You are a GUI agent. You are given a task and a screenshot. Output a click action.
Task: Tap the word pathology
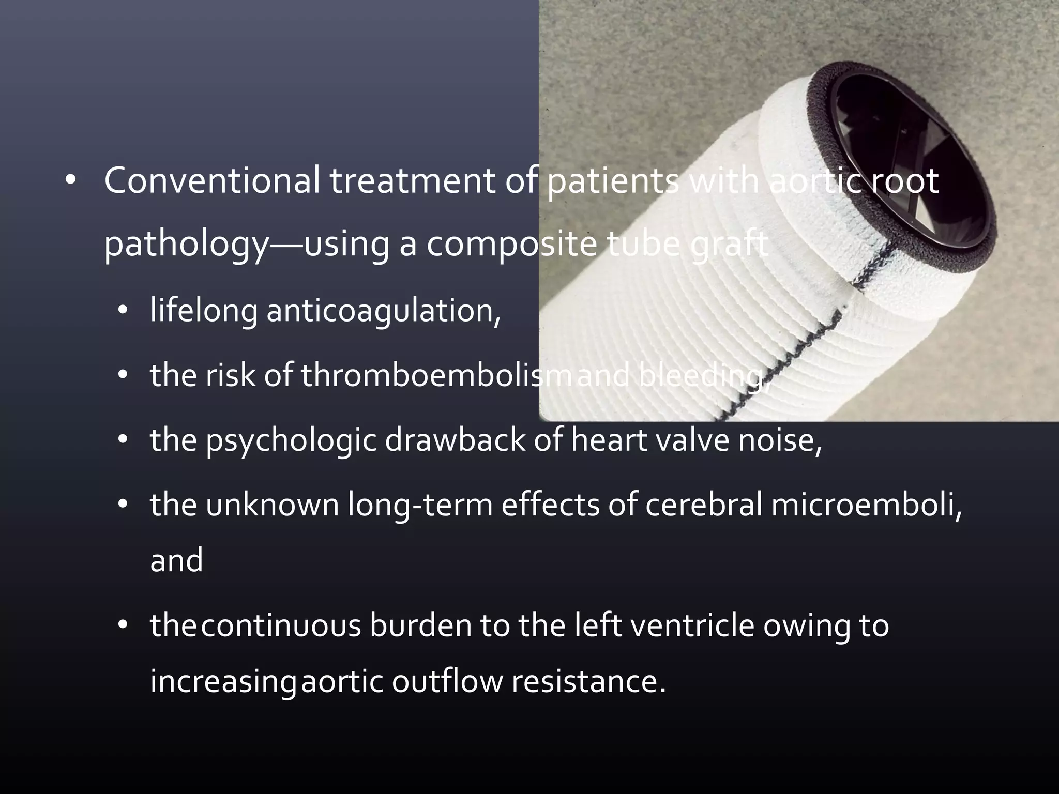pyautogui.click(x=184, y=246)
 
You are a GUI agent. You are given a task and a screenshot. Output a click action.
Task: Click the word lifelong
pyautogui.click(x=204, y=311)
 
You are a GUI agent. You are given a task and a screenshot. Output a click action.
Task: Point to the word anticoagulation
pyautogui.click(x=383, y=311)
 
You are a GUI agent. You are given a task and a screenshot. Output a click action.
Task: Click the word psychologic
pyautogui.click(x=291, y=440)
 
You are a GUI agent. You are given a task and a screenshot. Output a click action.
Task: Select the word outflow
pyautogui.click(x=447, y=681)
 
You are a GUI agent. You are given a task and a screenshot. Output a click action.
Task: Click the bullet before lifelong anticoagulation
pyautogui.click(x=122, y=312)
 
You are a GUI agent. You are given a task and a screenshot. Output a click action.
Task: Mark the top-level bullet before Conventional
pyautogui.click(x=71, y=181)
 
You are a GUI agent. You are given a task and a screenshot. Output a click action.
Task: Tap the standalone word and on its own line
pyautogui.click(x=176, y=561)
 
